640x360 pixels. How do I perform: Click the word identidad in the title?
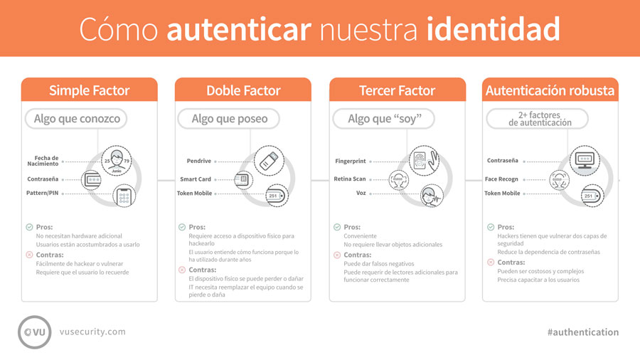pos(494,28)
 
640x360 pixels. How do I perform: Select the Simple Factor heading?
pos(89,90)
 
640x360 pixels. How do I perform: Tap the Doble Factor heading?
pos(243,90)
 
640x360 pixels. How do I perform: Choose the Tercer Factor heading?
pos(398,90)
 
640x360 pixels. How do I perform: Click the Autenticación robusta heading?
pos(550,90)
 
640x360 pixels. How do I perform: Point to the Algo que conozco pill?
pos(77,119)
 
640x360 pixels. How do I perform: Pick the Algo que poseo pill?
pos(230,119)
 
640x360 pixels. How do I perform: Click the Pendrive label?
pos(198,162)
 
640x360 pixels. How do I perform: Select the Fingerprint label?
pos(350,162)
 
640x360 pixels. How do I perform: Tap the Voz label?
pos(361,193)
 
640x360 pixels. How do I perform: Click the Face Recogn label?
pos(501,179)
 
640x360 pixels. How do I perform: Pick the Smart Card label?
pos(196,179)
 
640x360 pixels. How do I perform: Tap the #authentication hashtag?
pos(582,332)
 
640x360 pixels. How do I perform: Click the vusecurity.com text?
pos(93,332)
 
